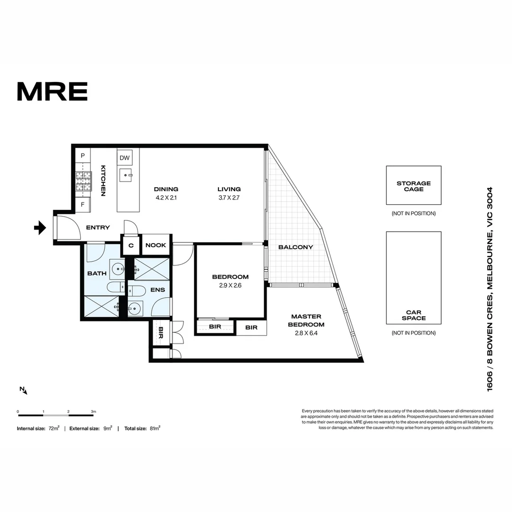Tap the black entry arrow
tap(40, 228)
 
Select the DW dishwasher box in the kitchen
tap(125, 158)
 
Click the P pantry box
tap(82, 156)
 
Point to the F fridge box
tap(82, 205)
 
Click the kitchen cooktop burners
tap(83, 181)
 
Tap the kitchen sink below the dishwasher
tap(126, 175)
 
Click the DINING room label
tap(166, 189)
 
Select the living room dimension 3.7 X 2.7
tap(229, 198)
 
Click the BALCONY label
tap(295, 247)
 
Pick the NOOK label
tap(156, 245)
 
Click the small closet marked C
tap(131, 245)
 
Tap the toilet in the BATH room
tap(116, 288)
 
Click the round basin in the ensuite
tap(134, 308)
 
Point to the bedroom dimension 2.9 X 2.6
tap(230, 285)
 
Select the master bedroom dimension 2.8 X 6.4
tap(306, 333)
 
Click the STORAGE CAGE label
tap(414, 186)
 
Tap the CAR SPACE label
tap(414, 315)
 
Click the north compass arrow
tap(24, 390)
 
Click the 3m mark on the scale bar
tap(93, 411)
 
